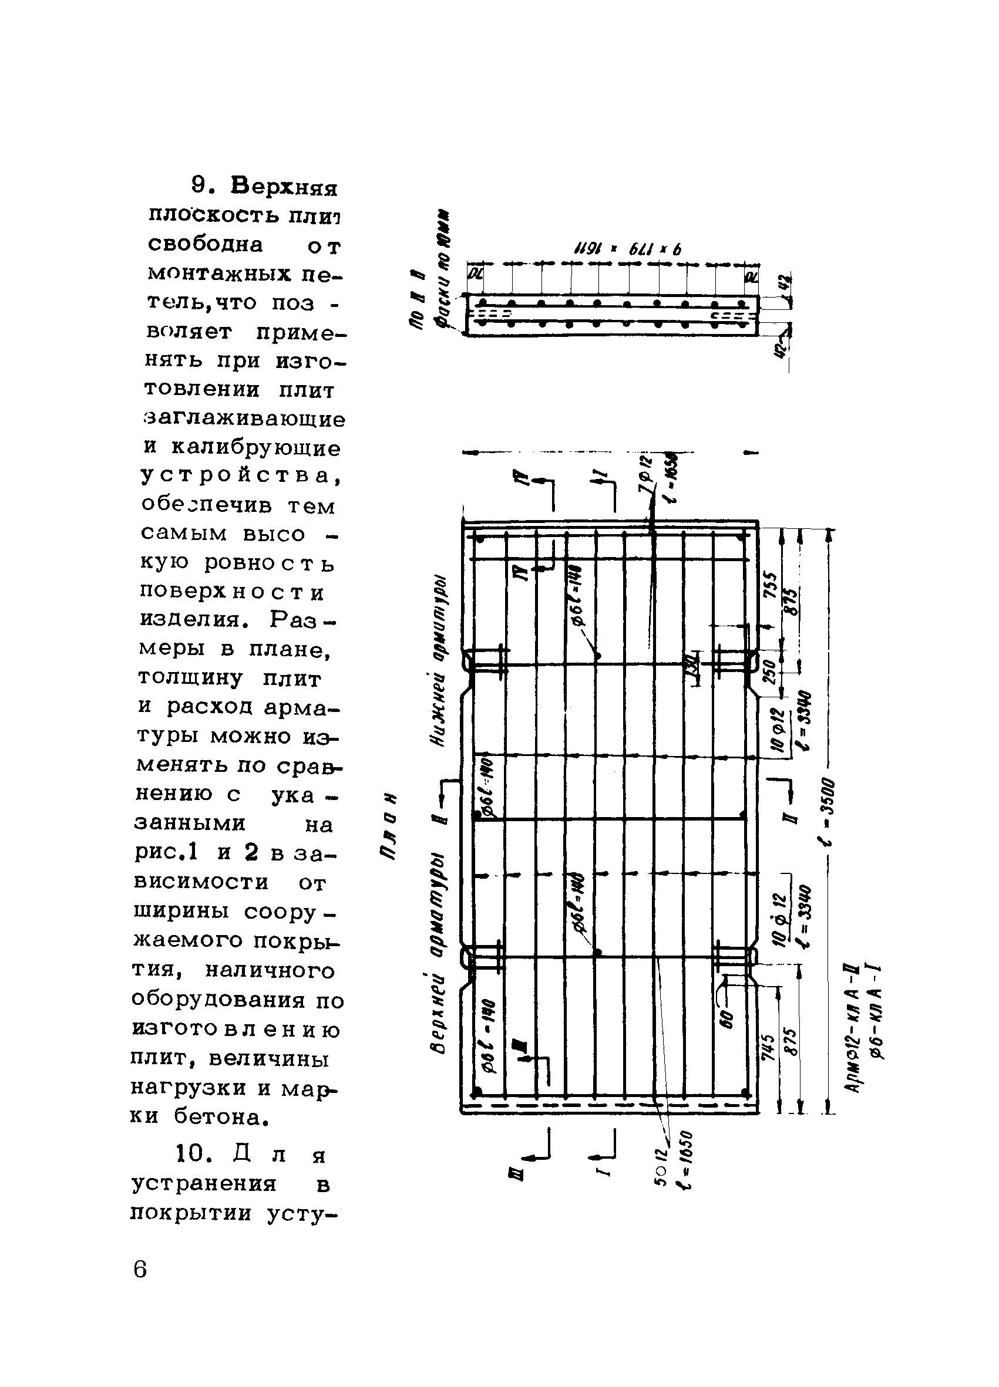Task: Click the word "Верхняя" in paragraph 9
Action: point(284,187)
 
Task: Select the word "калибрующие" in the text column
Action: point(255,448)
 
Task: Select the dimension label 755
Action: point(772,588)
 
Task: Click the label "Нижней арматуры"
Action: point(439,662)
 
